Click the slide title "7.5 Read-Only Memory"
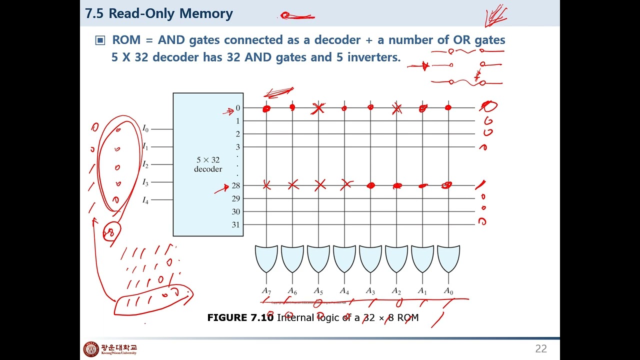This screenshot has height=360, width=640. tap(158, 13)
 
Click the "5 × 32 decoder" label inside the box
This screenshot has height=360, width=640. tap(208, 164)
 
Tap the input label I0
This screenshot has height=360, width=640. tap(145, 129)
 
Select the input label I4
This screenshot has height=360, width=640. tap(145, 200)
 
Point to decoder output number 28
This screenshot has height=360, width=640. tap(235, 185)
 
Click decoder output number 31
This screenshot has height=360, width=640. tap(235, 224)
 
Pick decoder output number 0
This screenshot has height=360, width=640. tap(238, 108)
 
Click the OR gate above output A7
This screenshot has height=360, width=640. tap(266, 258)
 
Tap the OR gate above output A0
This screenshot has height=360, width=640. tap(448, 258)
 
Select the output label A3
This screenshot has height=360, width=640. tap(370, 290)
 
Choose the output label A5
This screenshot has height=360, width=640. tap(318, 290)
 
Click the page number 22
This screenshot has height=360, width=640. tap(541, 349)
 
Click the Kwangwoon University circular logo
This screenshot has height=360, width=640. tap(91, 349)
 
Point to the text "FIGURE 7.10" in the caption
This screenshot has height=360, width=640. tap(240, 317)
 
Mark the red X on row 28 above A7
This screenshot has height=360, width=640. tap(266, 185)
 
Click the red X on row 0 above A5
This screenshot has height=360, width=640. tap(318, 108)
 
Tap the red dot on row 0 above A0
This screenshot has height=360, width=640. tap(448, 107)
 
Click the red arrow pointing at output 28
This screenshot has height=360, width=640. tap(221, 189)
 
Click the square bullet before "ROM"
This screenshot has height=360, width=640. tap(100, 40)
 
